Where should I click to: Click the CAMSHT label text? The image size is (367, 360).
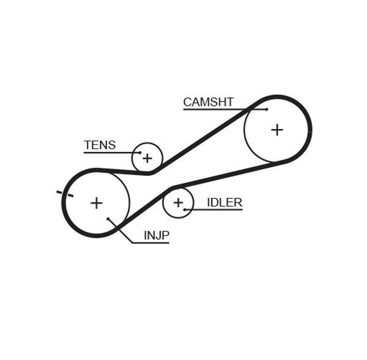[208, 102]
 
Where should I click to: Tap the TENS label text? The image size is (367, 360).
[99, 145]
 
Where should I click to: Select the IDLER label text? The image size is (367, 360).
[224, 202]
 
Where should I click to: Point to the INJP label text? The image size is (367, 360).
[156, 235]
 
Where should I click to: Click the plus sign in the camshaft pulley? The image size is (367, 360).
[277, 130]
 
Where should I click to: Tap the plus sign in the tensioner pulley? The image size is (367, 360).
[147, 159]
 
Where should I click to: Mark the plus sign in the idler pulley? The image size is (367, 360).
[178, 202]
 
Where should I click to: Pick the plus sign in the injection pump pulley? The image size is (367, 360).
[96, 203]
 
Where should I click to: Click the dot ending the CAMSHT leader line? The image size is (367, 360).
[267, 109]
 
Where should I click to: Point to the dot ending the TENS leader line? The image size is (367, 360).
[140, 152]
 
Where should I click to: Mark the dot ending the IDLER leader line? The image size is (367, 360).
[185, 210]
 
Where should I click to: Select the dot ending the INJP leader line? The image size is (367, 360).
[108, 218]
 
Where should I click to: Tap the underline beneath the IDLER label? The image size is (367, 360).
[214, 210]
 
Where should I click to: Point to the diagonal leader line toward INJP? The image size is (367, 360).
[120, 230]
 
